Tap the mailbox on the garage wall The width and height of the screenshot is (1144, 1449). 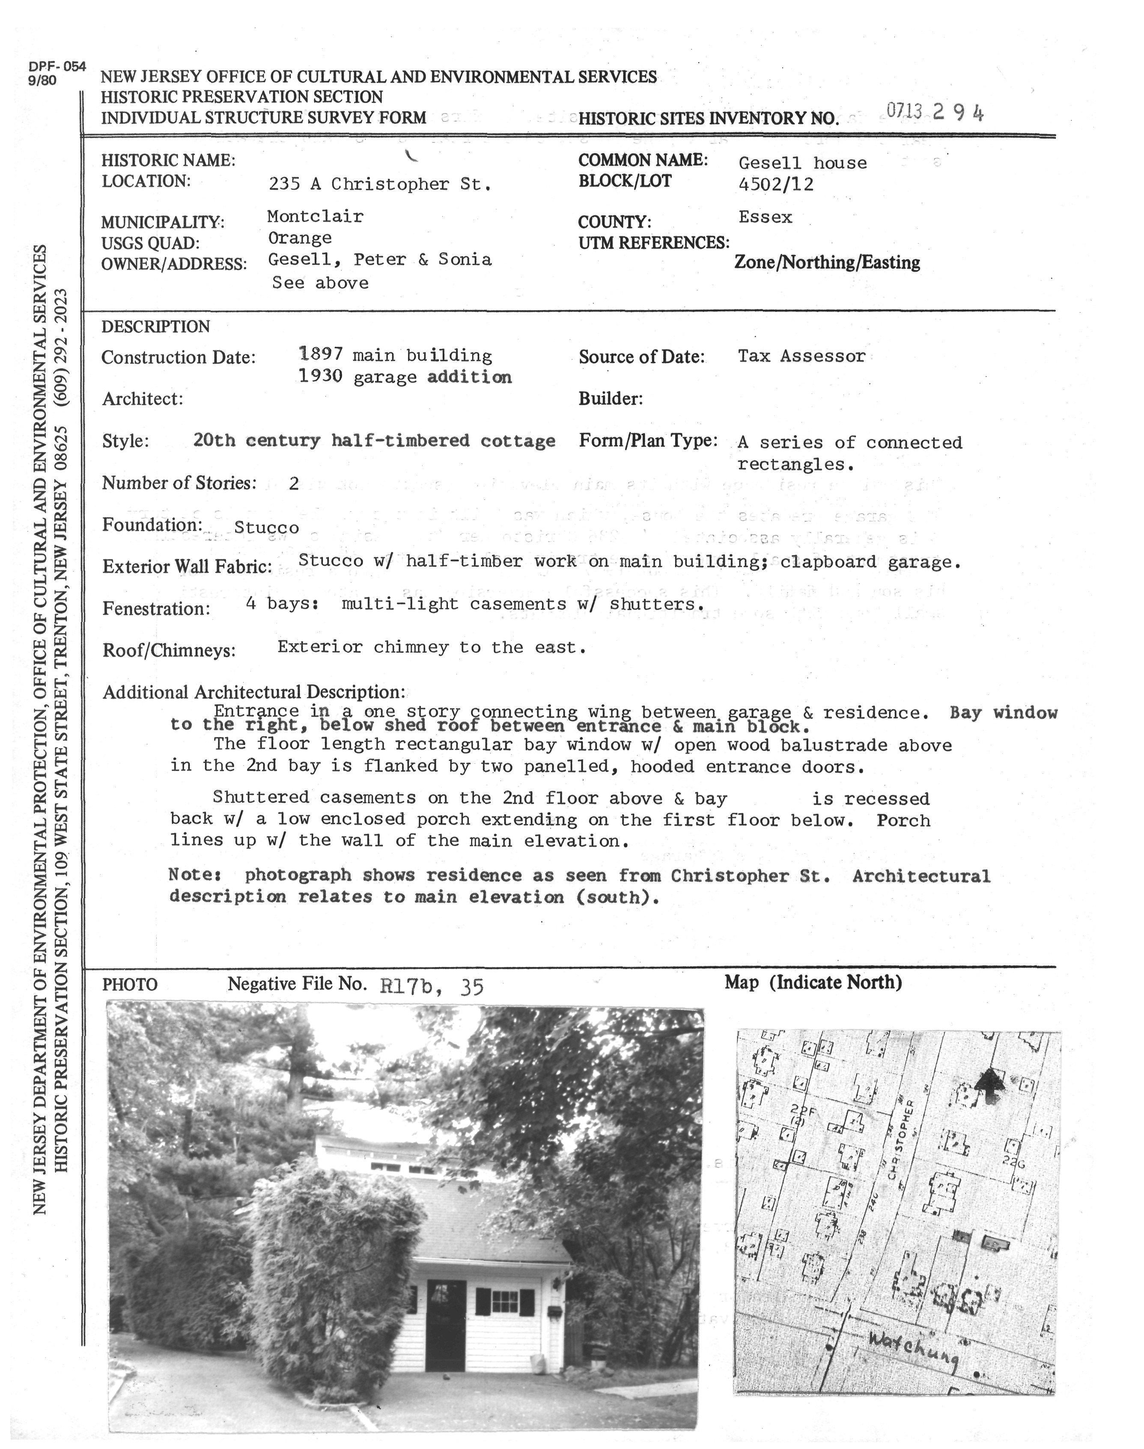pos(554,1310)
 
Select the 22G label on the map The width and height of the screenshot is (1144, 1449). pos(1014,1164)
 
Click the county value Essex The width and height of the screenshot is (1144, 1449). pos(765,217)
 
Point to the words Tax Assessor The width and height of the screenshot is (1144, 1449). pos(802,356)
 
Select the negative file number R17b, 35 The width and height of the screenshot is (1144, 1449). pos(431,986)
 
